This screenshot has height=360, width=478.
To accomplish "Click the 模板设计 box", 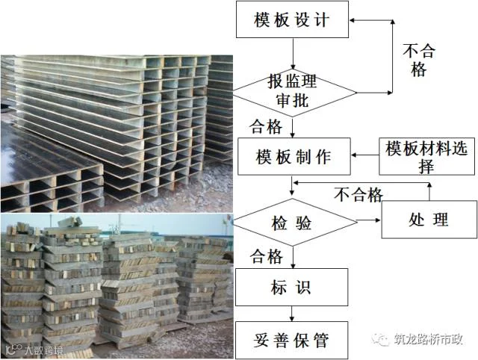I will coord(292,19).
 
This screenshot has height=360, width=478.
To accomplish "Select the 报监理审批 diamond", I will coord(292,90).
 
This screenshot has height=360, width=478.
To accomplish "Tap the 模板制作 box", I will coord(293,157).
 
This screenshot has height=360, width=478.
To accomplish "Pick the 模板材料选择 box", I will coord(426,157).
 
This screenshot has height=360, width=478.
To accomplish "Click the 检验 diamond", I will coord(292,220).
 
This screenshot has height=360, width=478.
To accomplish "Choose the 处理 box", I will coord(429,220).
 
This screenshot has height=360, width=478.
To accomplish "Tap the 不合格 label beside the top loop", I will coord(419,60).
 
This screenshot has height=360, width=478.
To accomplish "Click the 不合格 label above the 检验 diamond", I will coord(358,195).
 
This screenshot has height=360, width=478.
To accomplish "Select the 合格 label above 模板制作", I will coord(266,126).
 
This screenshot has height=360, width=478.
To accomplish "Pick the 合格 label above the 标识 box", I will coord(266,256).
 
